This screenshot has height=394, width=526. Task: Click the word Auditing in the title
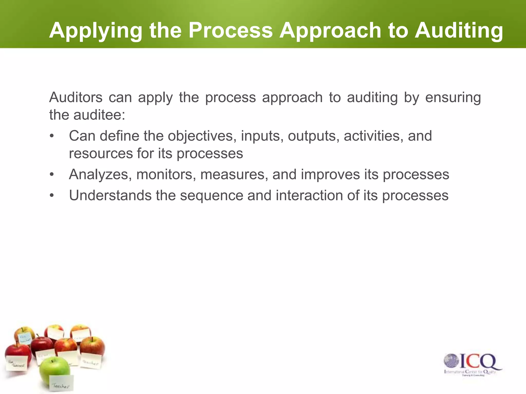[x=459, y=31]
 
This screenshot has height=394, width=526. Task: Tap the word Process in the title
[x=230, y=31]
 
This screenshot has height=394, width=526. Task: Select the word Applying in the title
[x=96, y=31]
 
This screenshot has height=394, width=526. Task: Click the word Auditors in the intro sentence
[x=76, y=97]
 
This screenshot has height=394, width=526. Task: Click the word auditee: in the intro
[x=99, y=115]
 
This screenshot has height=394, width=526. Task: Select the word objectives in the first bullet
[x=202, y=136]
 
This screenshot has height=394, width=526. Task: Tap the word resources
[x=101, y=153]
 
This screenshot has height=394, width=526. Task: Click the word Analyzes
[x=100, y=175]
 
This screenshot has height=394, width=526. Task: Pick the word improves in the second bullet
[x=330, y=175]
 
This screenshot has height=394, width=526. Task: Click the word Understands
[x=110, y=195]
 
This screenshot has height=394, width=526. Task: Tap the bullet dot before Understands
[x=52, y=196]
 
